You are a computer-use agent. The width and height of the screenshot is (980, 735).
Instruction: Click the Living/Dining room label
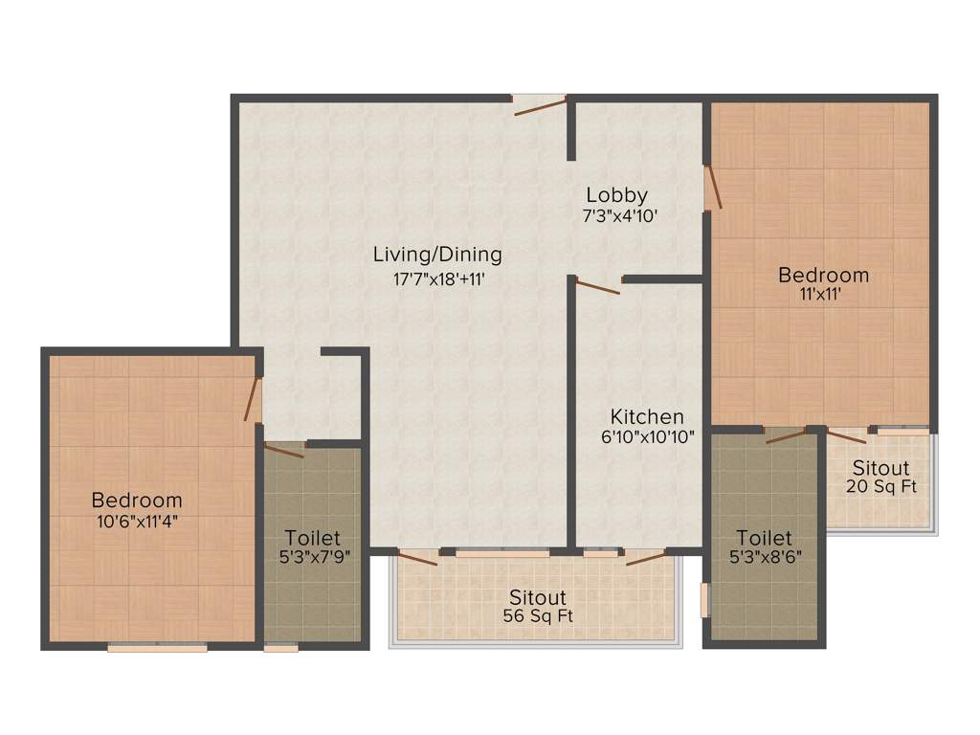437,255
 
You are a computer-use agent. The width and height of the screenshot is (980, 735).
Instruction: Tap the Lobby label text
617,195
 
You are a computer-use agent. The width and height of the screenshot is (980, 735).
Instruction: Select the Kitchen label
648,416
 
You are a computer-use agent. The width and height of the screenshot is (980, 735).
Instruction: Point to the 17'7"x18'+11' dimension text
437,279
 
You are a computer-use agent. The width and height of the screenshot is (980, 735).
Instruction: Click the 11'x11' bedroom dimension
823,295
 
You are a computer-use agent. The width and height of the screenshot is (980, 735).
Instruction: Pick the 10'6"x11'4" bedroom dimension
137,522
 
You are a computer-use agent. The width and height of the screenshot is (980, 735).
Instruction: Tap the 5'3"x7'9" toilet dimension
313,560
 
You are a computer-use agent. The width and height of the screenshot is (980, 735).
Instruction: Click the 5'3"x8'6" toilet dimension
765,559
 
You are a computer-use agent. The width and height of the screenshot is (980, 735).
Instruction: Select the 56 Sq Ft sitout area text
538,617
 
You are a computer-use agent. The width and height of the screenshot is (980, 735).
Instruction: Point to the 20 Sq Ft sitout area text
881,486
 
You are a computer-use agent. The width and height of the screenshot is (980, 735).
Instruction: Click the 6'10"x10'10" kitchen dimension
648,437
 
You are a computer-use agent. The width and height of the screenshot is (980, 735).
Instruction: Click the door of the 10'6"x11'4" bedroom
254,400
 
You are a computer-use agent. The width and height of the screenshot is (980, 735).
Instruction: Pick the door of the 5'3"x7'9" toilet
284,449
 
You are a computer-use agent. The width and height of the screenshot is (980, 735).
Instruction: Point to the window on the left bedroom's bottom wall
157,648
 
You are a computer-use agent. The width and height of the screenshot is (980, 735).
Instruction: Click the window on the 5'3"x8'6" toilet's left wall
705,600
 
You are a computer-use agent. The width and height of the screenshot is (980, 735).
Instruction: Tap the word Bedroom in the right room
823,276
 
